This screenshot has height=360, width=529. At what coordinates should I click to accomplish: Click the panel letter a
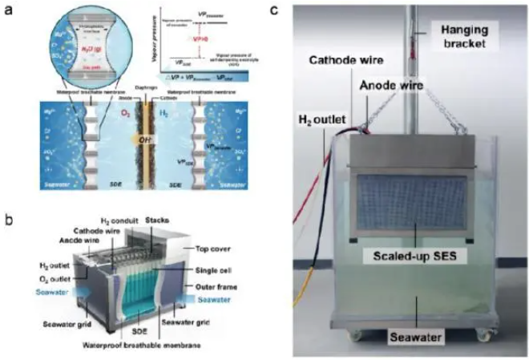[x=10, y=10]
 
